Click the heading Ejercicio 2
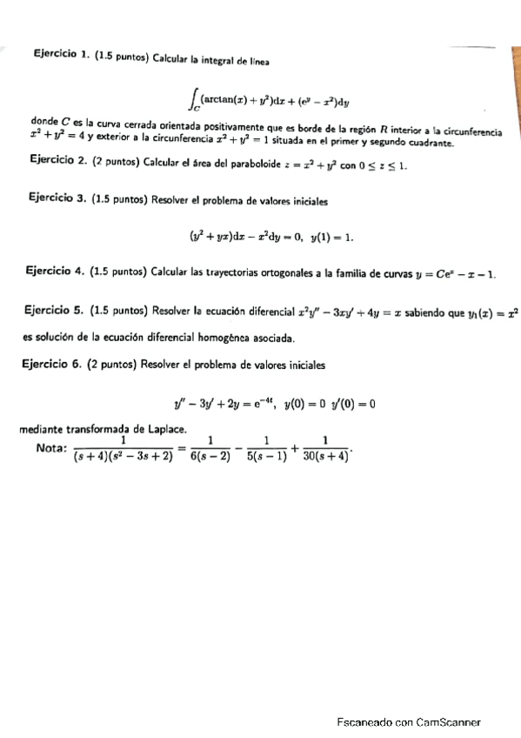click(x=58, y=162)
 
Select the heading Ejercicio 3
click(x=58, y=199)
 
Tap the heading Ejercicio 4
click(x=58, y=273)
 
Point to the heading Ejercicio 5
click(x=58, y=310)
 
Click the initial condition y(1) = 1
click(x=332, y=236)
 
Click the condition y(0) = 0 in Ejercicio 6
click(x=305, y=403)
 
